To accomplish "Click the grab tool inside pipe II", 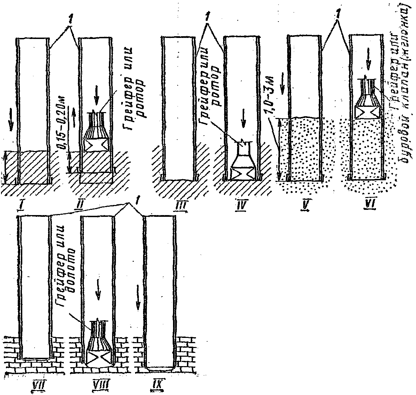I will pos(96,132).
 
